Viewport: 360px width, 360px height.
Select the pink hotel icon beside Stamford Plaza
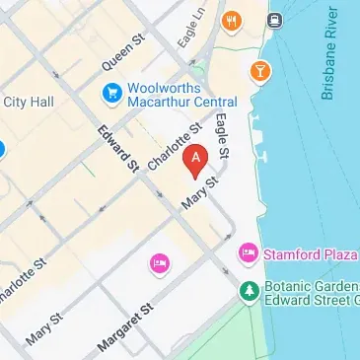pos(250,254)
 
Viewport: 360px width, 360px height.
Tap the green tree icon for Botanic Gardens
pos(250,290)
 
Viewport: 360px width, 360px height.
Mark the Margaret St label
pos(129,327)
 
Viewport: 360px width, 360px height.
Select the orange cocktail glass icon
pos(260,71)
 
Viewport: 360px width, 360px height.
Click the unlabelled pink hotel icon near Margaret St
pos(158,262)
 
